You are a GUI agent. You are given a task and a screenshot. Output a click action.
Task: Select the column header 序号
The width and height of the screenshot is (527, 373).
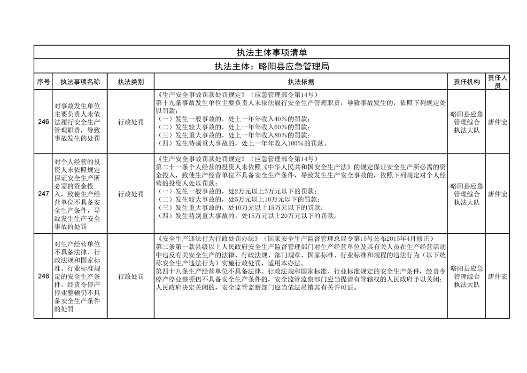pos(43,82)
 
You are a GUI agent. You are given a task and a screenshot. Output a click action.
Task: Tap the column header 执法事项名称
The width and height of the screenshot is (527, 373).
pos(80,82)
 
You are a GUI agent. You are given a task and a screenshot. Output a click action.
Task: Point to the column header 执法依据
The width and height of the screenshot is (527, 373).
pos(301,82)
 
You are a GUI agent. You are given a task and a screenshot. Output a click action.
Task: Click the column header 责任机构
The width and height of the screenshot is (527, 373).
pos(466,82)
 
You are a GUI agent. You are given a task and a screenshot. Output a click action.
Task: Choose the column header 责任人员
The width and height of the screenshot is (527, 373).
pos(497,82)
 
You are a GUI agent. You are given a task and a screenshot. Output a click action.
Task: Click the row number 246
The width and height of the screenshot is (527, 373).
pos(43,122)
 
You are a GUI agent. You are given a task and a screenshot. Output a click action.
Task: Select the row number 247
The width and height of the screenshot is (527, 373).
pos(43,194)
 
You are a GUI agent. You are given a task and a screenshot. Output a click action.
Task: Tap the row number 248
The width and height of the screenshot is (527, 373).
pos(43,276)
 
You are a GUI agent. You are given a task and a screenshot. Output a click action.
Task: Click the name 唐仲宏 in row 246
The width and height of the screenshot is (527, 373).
pos(497,122)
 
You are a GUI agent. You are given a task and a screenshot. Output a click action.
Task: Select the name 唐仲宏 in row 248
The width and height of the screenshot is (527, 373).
pos(497,276)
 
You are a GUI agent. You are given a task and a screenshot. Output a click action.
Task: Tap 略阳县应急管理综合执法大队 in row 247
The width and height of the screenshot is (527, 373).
pos(466,194)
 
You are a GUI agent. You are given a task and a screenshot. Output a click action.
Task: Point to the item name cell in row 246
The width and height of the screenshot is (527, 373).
pos(80,122)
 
